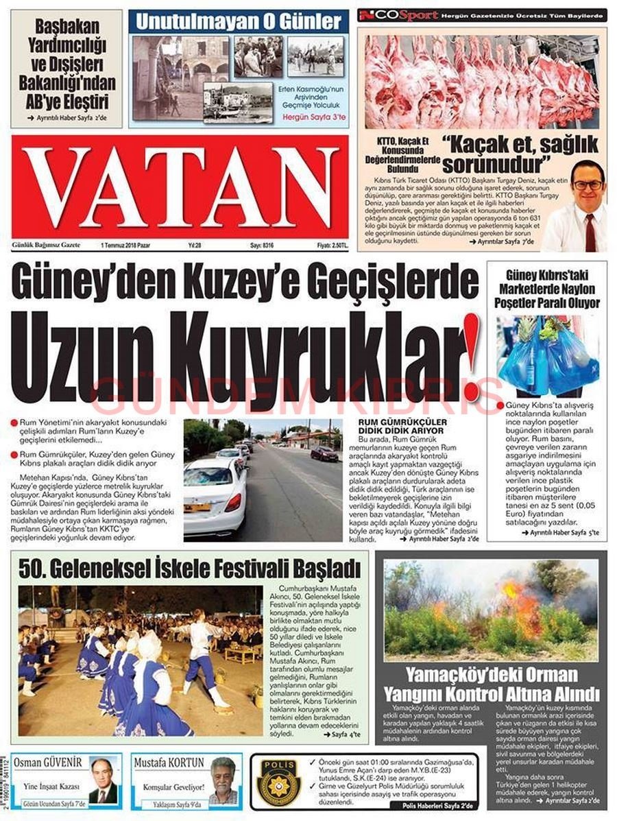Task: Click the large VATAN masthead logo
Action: [180, 187]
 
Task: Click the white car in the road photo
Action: [214, 497]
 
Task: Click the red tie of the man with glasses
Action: [590, 233]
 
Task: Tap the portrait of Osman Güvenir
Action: [103, 780]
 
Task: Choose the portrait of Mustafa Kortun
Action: [223, 780]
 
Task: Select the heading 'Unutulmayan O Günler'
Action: [239, 21]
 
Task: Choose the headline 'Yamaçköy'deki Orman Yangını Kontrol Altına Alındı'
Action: [491, 683]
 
